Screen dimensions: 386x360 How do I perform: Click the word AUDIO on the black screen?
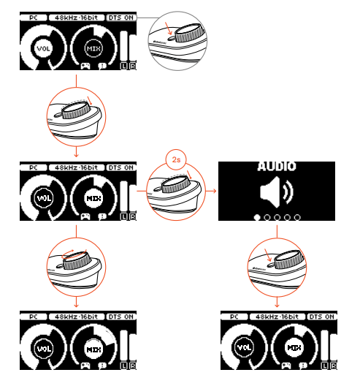tap(277, 166)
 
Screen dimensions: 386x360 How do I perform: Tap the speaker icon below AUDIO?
tap(275, 193)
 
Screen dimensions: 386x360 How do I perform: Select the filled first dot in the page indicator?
tap(257, 217)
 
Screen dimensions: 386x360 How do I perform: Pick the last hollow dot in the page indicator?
tap(297, 217)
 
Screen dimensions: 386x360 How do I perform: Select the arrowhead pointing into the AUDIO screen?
tap(214, 190)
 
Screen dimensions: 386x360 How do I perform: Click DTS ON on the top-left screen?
tap(120, 15)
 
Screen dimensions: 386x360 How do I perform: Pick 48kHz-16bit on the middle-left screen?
tap(77, 167)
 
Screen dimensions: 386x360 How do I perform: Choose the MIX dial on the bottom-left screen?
tap(93, 349)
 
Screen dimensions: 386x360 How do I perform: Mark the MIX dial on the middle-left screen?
tap(93, 198)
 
